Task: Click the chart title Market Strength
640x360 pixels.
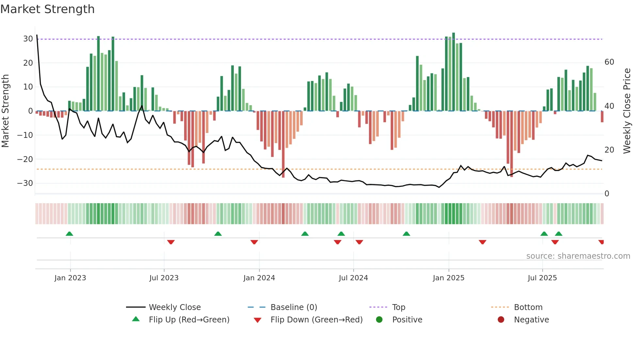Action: pyautogui.click(x=47, y=9)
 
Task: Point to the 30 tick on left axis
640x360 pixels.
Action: pyautogui.click(x=28, y=39)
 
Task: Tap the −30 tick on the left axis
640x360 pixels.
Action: pyautogui.click(x=25, y=183)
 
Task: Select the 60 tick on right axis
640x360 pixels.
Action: pyautogui.click(x=609, y=62)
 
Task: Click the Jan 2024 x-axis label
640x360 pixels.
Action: pyautogui.click(x=259, y=278)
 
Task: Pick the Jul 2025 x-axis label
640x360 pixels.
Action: pyautogui.click(x=542, y=278)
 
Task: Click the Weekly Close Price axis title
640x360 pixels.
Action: pyautogui.click(x=627, y=111)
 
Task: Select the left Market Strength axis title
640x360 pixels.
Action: pyautogui.click(x=5, y=111)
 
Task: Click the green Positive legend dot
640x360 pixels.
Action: pyautogui.click(x=379, y=320)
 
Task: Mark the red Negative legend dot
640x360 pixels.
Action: pyautogui.click(x=501, y=320)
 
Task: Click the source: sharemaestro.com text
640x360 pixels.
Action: pyautogui.click(x=578, y=256)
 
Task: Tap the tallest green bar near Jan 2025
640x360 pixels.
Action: pyautogui.click(x=454, y=72)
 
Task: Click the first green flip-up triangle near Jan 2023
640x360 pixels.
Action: pyautogui.click(x=69, y=234)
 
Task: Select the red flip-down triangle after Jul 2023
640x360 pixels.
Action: pyautogui.click(x=171, y=242)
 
